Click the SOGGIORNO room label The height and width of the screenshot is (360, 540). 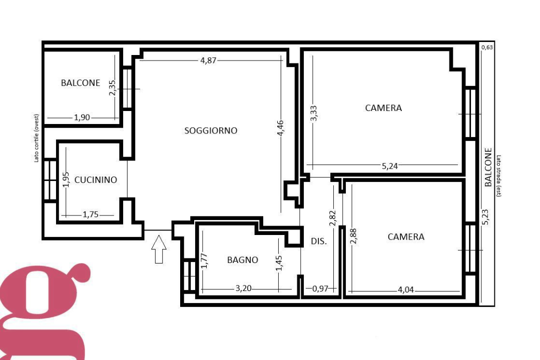211,131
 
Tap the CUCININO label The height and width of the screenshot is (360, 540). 96,179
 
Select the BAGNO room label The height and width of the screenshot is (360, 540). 242,260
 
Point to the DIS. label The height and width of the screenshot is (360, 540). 319,241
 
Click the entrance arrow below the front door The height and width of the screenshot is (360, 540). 159,249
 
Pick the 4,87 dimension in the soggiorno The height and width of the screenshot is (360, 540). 208,60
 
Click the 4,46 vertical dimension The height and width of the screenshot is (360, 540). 281,128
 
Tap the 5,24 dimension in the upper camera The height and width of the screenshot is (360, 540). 390,166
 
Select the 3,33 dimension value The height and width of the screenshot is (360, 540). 313,113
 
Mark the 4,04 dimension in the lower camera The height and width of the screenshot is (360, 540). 406,290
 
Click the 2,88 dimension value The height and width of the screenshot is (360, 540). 353,236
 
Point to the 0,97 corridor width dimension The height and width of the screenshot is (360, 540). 320,288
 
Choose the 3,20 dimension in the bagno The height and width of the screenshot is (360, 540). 244,288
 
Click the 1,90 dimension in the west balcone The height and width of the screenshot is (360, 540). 82,117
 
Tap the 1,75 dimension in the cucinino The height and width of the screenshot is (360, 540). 91,214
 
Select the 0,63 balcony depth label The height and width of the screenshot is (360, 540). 487,47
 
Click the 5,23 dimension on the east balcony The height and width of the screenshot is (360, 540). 485,217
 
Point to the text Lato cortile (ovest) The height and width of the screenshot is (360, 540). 36,138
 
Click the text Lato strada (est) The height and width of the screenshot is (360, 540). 498,176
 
